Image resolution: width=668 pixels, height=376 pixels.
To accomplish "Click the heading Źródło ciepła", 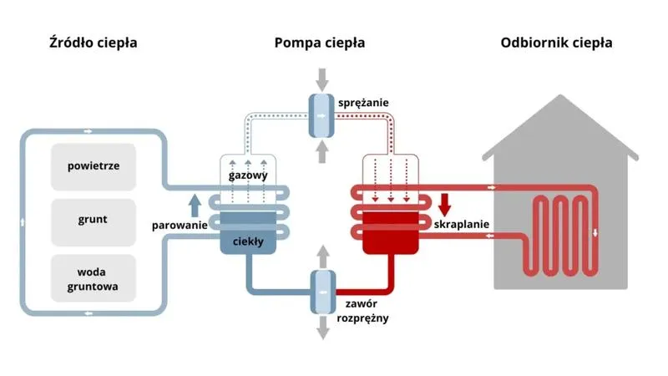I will coord(93,43).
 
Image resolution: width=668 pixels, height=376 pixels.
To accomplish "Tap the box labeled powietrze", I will coord(94,165).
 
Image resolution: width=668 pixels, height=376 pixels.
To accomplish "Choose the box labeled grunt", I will coord(94,221).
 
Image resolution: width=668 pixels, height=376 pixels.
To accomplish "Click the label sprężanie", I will coord(363,103).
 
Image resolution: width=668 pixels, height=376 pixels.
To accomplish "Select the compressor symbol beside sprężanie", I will coord(321,113).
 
